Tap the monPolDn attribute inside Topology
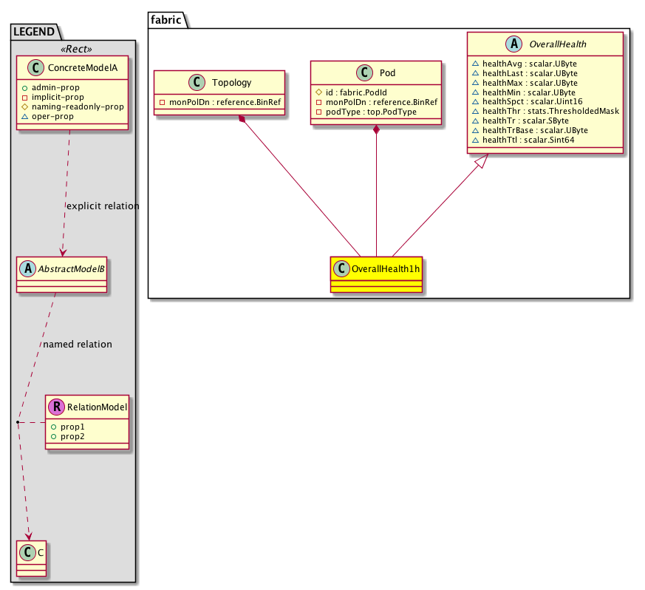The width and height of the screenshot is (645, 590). click(x=220, y=102)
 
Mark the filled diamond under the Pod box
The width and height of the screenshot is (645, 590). click(x=377, y=131)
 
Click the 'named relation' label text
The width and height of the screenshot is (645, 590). click(x=78, y=344)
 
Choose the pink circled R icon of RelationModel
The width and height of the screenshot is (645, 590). click(x=56, y=406)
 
